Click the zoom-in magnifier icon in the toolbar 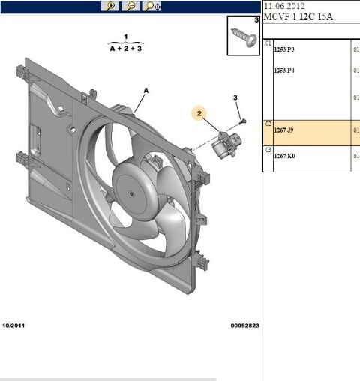[111, 6]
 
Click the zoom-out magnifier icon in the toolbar [130, 6]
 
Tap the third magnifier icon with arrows [151, 6]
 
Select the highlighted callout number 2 [199, 113]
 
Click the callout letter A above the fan [146, 90]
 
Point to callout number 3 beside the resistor [235, 98]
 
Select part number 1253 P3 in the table [284, 50]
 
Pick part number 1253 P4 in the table [284, 70]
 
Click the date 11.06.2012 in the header [284, 6]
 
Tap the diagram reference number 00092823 [244, 325]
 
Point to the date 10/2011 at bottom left [14, 325]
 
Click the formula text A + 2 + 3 [125, 49]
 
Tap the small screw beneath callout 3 [241, 120]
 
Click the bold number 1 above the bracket [125, 36]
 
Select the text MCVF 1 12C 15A [298, 16]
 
